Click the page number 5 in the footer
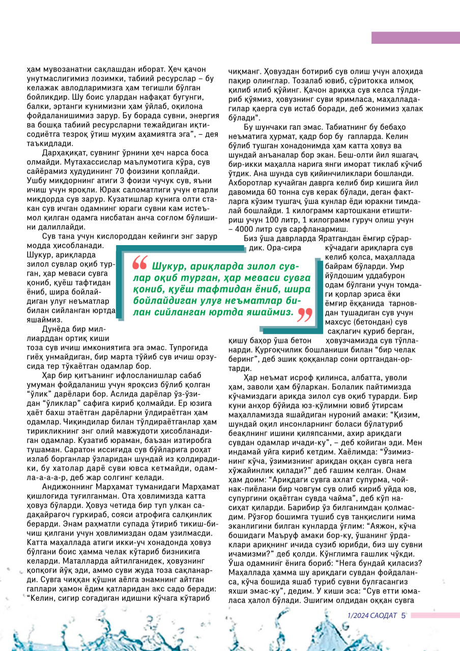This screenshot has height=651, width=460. pyautogui.click(x=403, y=615)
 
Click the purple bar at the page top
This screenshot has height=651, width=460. pyautogui.click(x=415, y=38)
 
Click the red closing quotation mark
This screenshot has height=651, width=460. pyautogui.click(x=304, y=315)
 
